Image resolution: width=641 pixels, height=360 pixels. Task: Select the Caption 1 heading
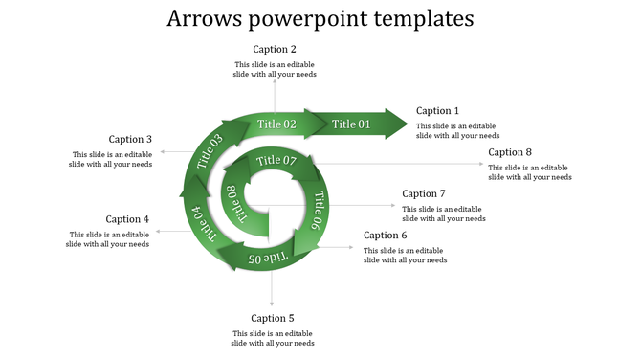pyautogui.click(x=437, y=111)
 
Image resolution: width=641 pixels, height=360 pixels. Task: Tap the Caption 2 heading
pyautogui.click(x=275, y=49)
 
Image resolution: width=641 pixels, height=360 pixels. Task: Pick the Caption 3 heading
pyautogui.click(x=130, y=140)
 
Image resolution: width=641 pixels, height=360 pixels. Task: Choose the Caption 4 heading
pyautogui.click(x=127, y=219)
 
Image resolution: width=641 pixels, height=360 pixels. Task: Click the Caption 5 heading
pyautogui.click(x=273, y=318)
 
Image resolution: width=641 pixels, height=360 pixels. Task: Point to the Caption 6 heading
pyautogui.click(x=386, y=236)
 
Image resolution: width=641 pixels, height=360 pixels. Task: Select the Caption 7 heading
pyautogui.click(x=424, y=194)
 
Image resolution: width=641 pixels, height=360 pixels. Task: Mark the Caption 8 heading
pyautogui.click(x=510, y=152)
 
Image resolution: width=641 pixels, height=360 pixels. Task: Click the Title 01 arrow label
pyautogui.click(x=351, y=124)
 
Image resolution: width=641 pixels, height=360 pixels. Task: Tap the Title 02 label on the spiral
pyautogui.click(x=276, y=124)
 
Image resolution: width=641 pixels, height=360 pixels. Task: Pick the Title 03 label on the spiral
pyautogui.click(x=210, y=153)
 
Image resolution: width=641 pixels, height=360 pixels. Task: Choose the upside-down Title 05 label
pyautogui.click(x=267, y=259)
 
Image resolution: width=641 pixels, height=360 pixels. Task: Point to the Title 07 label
pyautogui.click(x=276, y=160)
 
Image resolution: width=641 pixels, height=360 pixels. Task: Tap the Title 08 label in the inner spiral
pyautogui.click(x=234, y=204)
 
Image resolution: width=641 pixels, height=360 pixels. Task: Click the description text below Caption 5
pyautogui.click(x=273, y=338)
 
